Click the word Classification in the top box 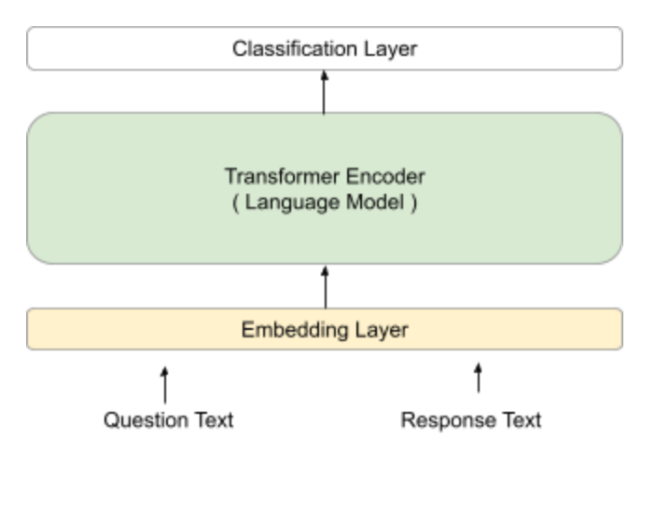(295, 48)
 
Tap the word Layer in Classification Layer (391, 49)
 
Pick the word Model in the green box (375, 202)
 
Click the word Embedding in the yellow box (295, 331)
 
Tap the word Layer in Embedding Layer (382, 331)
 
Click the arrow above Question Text (165, 385)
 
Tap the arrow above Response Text (479, 378)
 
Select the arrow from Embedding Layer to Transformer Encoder (325, 287)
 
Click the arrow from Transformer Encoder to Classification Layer (324, 92)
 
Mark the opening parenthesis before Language (236, 204)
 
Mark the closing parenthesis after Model (414, 204)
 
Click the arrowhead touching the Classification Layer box (324, 75)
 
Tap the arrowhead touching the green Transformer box (325, 271)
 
